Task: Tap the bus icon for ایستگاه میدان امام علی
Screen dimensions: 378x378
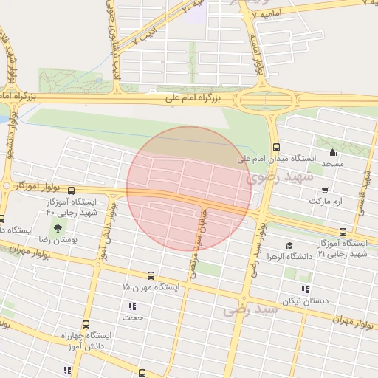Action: click(276, 146)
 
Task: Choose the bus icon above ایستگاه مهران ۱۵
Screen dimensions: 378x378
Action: click(151, 275)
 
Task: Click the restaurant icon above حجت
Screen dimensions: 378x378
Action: click(132, 306)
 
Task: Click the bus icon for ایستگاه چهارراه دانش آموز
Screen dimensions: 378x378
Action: click(86, 323)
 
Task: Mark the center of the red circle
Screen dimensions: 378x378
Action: click(189, 189)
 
